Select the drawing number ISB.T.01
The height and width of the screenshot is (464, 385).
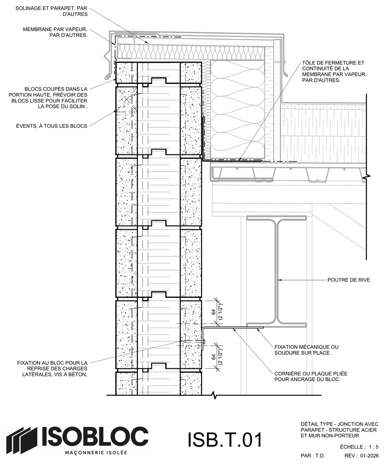tap(225, 440)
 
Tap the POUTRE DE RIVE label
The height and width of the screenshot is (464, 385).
tap(348, 280)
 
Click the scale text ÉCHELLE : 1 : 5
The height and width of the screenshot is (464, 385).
tap(359, 447)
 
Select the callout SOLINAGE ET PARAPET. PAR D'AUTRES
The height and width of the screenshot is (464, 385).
tap(52, 11)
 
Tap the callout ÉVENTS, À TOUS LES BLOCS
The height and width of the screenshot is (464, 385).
tap(52, 126)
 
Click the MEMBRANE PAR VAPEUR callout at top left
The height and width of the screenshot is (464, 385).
tap(55, 32)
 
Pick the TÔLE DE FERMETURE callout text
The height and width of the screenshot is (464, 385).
tap(334, 71)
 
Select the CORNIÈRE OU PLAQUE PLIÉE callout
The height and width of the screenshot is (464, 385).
tap(310, 376)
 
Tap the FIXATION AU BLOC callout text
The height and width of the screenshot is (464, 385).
tap(52, 368)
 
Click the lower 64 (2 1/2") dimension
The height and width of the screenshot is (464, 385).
tap(216, 357)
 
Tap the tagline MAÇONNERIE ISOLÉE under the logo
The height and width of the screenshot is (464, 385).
tap(96, 453)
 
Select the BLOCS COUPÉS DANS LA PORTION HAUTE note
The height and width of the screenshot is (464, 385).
tap(48, 97)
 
